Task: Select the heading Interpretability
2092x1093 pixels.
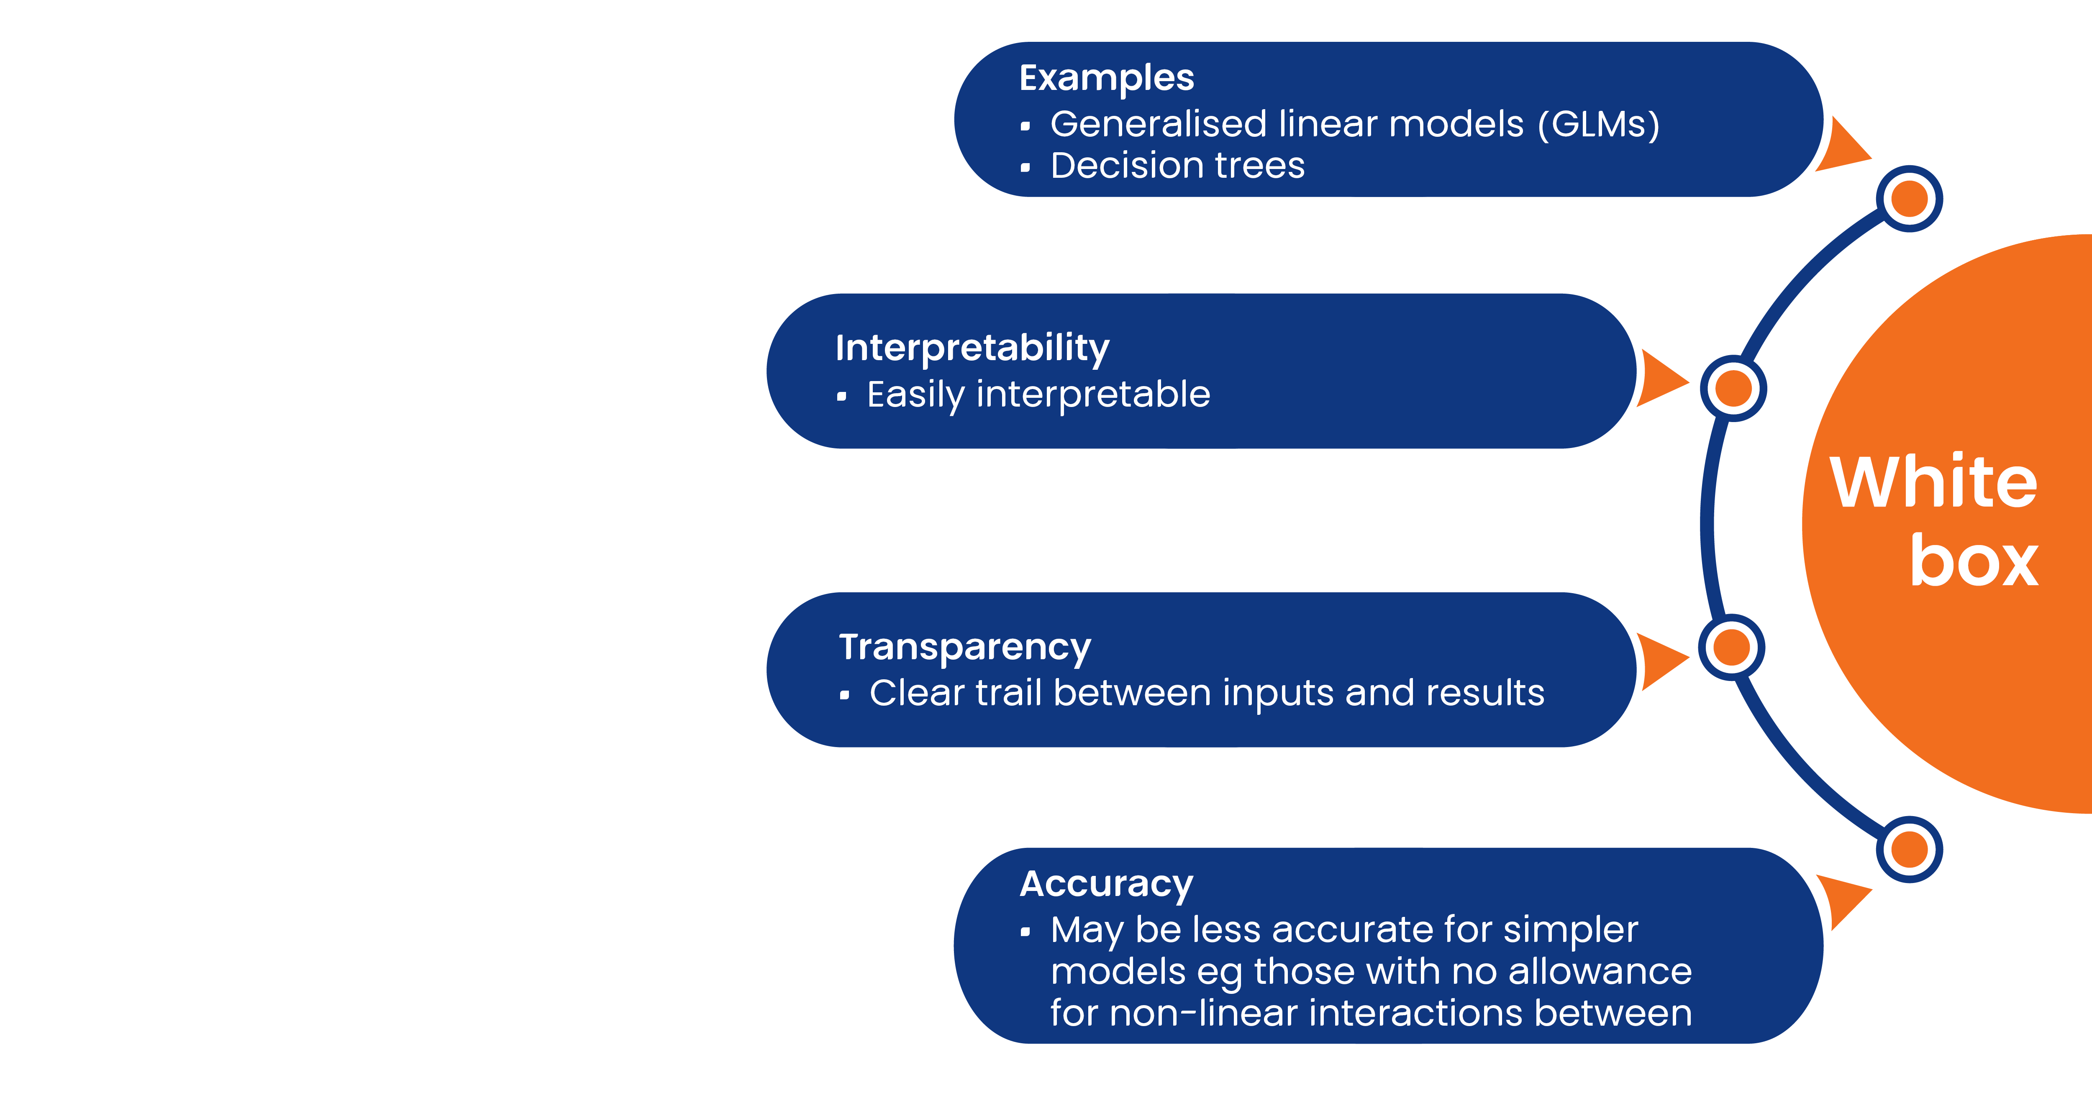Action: click(972, 348)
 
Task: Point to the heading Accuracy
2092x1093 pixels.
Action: click(1106, 884)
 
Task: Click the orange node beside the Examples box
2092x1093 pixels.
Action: click(1909, 199)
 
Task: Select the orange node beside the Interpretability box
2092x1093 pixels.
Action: click(1734, 388)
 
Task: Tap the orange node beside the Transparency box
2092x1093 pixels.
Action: click(1731, 647)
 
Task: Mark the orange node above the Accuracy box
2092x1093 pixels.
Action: click(1909, 850)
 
